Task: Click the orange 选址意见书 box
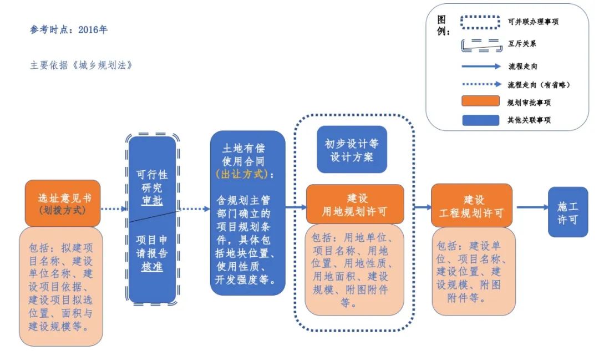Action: pos(62,203)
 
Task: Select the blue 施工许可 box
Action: pos(567,212)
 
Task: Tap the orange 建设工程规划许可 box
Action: pos(471,206)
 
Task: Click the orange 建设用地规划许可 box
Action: pos(355,205)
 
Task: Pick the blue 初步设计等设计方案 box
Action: pos(352,150)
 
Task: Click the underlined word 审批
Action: pos(152,201)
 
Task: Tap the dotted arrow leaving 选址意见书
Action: pos(114,209)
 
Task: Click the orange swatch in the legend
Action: pos(480,101)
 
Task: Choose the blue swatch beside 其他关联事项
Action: pos(480,119)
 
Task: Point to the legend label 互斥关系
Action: pos(522,43)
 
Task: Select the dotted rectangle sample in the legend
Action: pos(480,22)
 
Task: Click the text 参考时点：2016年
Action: pos(69,30)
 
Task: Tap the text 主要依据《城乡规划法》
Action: pos(82,65)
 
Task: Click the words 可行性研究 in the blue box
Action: pos(152,181)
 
